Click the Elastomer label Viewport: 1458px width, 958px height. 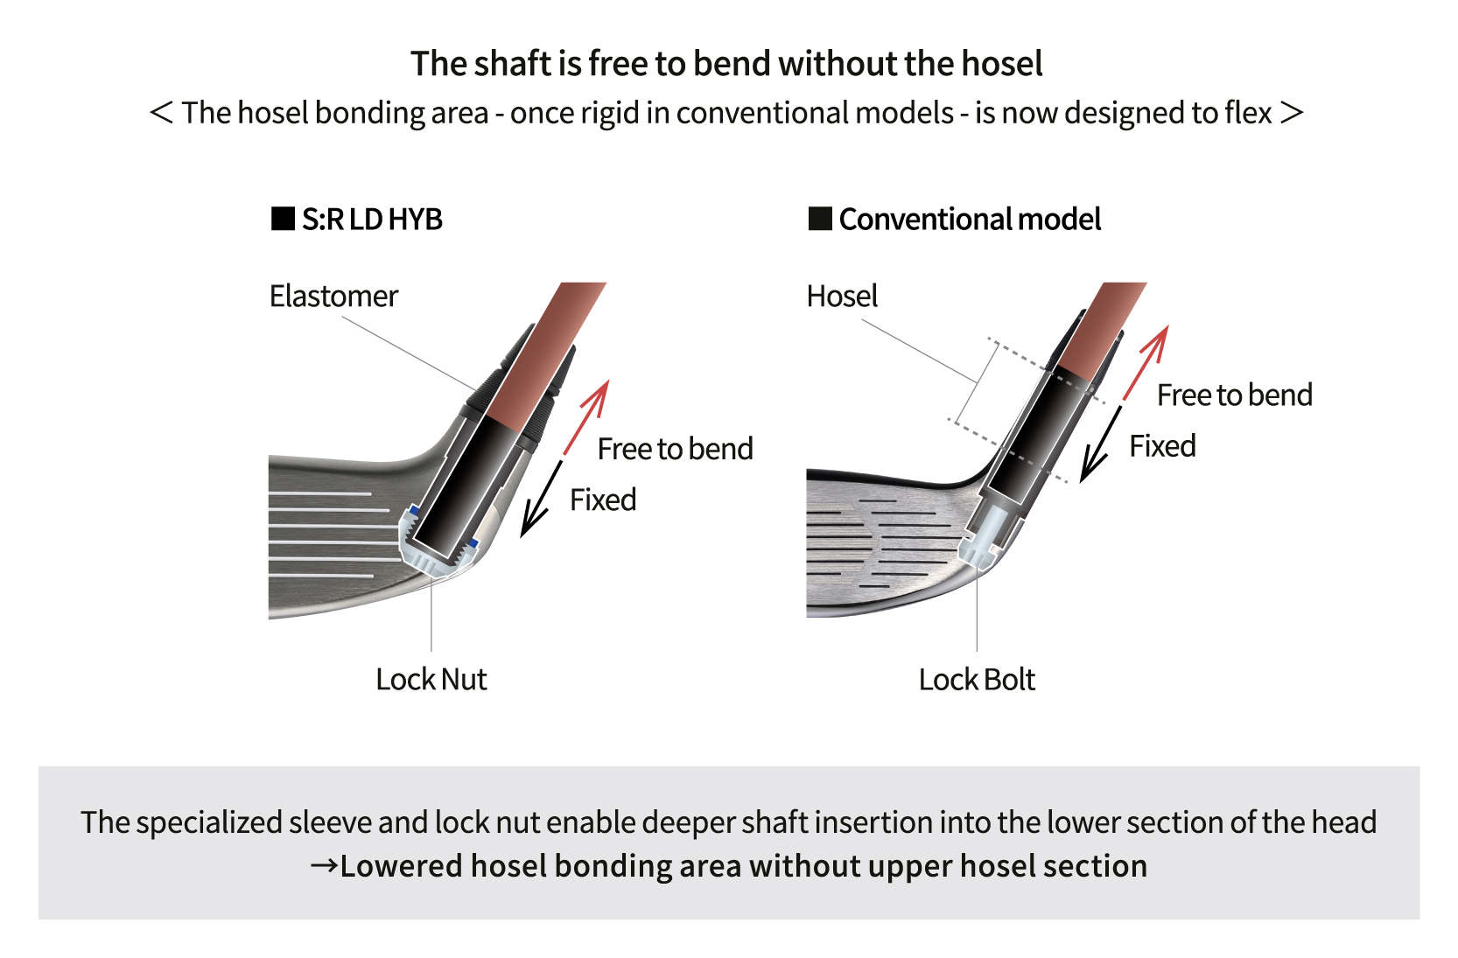coord(333,297)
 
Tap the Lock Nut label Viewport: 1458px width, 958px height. coord(431,680)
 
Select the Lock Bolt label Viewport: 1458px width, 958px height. coord(977,680)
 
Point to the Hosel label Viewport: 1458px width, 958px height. coord(842,297)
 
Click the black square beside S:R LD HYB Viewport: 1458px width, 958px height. coord(283,219)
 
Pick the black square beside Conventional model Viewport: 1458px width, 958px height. coord(820,219)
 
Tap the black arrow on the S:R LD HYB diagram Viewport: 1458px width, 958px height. coord(541,500)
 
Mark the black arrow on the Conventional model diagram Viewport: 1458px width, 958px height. coord(1100,444)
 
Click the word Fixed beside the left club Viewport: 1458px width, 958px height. coord(603,500)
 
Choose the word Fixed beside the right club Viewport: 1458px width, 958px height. coord(1162,446)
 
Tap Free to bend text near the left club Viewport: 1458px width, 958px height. coord(675,450)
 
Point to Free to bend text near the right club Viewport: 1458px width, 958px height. coord(1234,395)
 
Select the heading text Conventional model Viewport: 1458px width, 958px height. coord(970,220)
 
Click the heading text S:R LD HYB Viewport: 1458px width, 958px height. coord(372,220)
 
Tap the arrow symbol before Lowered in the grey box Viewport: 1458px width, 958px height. coord(324,866)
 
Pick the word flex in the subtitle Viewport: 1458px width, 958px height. coord(1248,113)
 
